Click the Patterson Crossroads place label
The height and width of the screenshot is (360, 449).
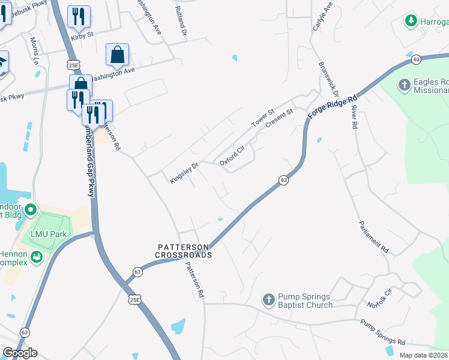pyautogui.click(x=184, y=251)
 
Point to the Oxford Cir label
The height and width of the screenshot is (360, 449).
pyautogui.click(x=233, y=154)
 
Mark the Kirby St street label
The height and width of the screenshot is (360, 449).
pyautogui.click(x=82, y=35)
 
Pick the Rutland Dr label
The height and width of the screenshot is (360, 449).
pyautogui.click(x=180, y=19)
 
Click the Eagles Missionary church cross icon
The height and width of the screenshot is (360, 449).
pyautogui.click(x=404, y=85)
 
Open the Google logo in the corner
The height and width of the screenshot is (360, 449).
pyautogui.click(x=20, y=353)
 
